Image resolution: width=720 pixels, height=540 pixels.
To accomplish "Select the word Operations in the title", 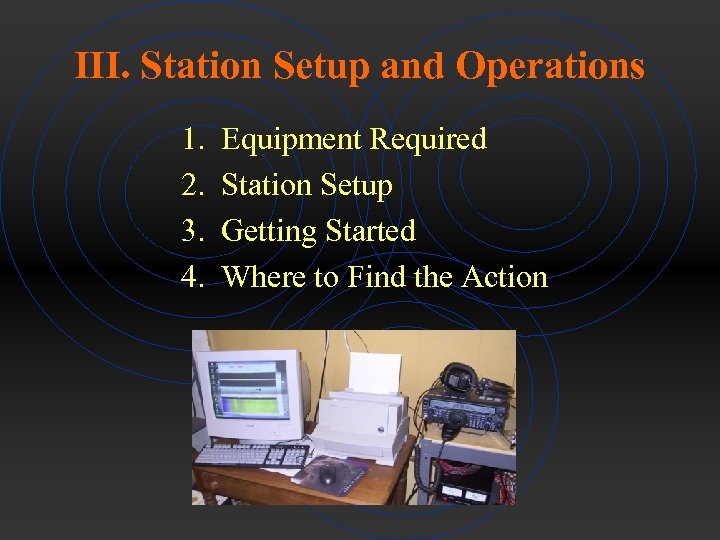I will [x=550, y=66].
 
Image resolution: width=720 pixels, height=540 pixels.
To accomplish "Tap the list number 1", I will [x=192, y=139].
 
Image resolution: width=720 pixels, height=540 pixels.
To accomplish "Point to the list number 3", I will [x=192, y=231].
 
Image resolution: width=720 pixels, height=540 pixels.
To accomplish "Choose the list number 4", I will [x=192, y=277].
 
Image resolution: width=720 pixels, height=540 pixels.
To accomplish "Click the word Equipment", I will [x=291, y=139].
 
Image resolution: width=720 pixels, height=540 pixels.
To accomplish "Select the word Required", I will [x=428, y=139].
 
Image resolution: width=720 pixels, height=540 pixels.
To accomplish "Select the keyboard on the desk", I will [x=250, y=455].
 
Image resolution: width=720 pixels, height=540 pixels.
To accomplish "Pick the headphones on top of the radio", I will [x=457, y=378].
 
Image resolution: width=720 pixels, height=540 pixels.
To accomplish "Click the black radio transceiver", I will [x=465, y=410].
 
